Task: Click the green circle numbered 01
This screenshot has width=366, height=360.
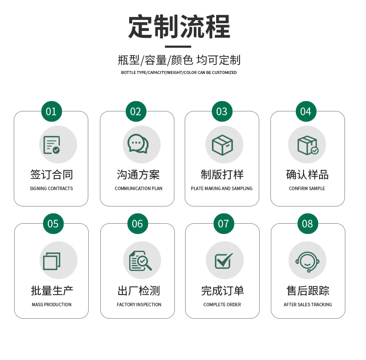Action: click(51, 111)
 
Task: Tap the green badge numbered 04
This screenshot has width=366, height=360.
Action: click(306, 111)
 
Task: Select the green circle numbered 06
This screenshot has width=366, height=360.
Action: click(137, 224)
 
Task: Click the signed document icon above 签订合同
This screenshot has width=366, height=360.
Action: click(52, 145)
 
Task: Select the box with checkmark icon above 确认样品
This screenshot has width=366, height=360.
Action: click(307, 145)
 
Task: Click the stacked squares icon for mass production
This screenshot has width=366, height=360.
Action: click(52, 261)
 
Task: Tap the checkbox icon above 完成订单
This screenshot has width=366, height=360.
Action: click(223, 261)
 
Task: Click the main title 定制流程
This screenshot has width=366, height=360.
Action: click(179, 27)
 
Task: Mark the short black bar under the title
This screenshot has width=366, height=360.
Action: click(178, 46)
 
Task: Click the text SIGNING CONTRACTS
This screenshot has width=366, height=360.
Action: click(51, 188)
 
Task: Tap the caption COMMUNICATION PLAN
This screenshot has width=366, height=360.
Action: click(138, 188)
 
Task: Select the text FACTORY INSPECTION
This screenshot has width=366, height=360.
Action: click(139, 305)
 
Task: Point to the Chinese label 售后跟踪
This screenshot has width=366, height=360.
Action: click(308, 291)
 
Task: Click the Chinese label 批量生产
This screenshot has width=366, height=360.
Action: click(52, 291)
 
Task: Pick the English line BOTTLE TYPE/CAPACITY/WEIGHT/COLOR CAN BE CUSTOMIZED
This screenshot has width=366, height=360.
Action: click(179, 73)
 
